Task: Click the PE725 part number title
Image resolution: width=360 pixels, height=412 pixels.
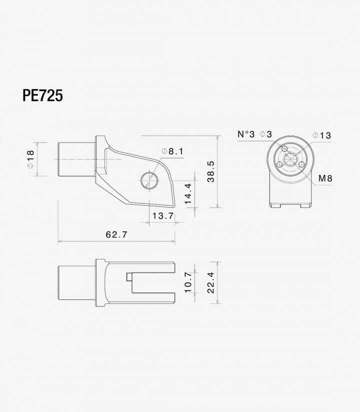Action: coord(43,96)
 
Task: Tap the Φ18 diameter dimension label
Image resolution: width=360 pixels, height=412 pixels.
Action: coord(30,159)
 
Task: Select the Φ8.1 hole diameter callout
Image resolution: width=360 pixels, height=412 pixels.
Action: coord(172,151)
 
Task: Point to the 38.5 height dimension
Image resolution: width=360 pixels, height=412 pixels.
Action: coord(210,172)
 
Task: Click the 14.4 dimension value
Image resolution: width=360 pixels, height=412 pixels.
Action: coord(188,194)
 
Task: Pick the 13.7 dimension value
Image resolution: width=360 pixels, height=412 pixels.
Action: coord(163,216)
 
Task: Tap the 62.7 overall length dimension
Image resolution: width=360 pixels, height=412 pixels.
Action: coord(116,234)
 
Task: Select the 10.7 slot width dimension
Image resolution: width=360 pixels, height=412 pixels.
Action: coord(188,282)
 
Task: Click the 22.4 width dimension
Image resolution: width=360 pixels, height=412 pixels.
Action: coord(210,283)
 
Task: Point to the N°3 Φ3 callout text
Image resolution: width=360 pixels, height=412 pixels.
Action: coord(254,134)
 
